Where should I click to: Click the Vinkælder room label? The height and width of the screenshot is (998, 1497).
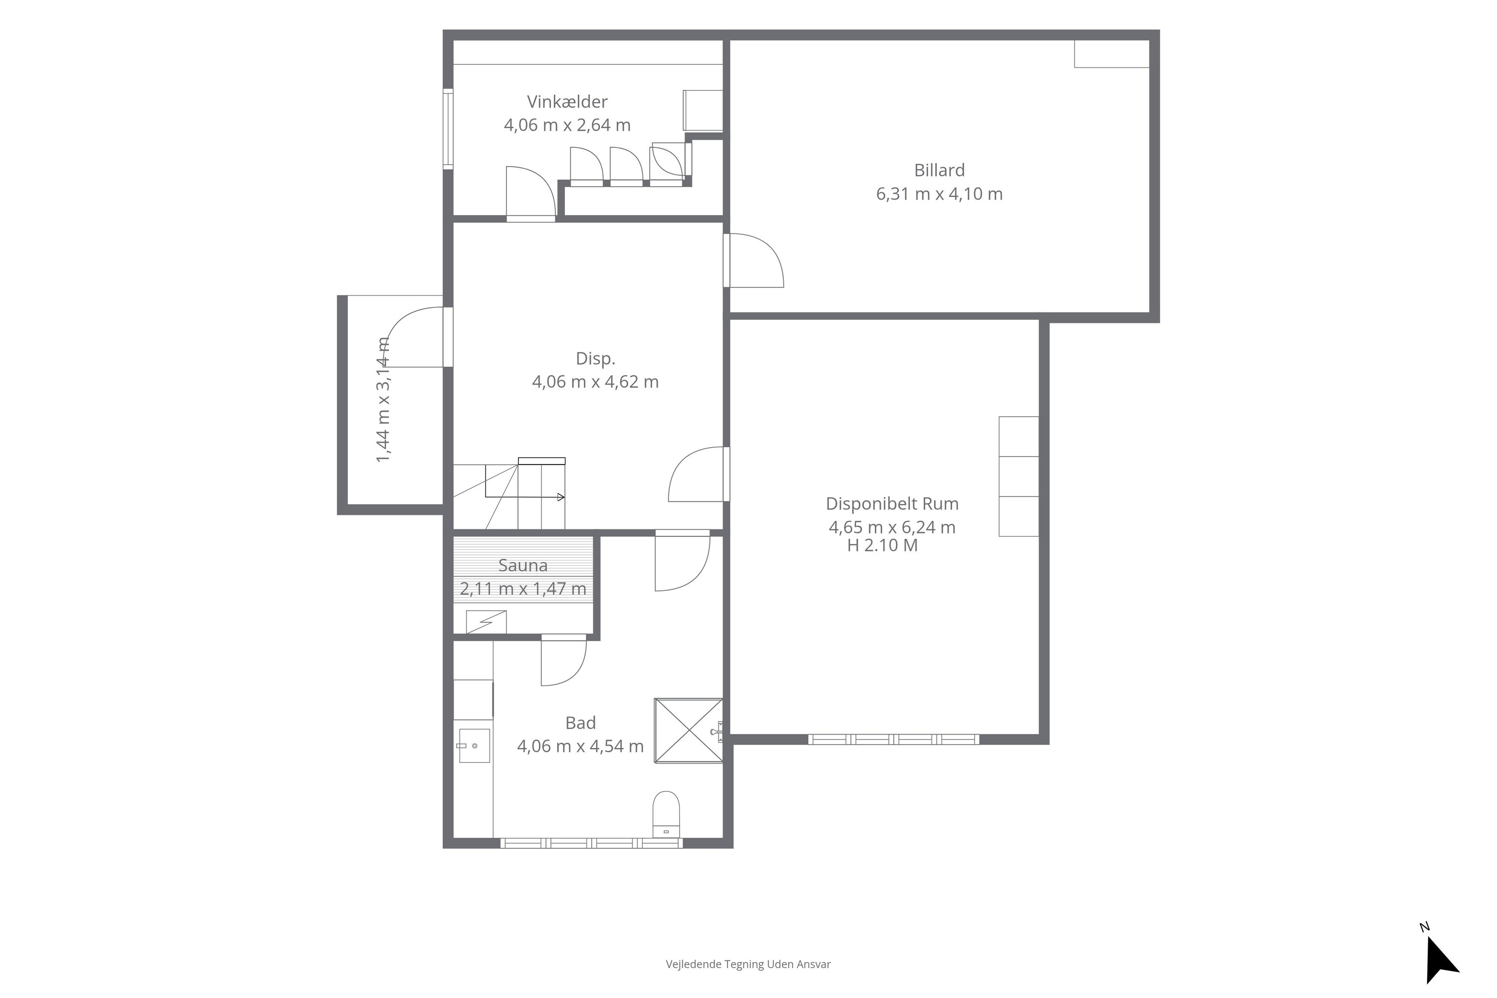566,102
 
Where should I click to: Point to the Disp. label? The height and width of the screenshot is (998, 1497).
595,359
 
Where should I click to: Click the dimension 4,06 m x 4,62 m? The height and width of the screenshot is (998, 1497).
595,382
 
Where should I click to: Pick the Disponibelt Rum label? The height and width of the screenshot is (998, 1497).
892,503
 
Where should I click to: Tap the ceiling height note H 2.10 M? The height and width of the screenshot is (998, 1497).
882,545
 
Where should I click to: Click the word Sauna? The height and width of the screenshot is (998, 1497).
522,565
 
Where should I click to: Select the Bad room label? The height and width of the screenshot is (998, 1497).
580,723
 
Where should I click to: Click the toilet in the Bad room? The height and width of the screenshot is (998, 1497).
666,814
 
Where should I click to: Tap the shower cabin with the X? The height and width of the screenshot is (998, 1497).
688,730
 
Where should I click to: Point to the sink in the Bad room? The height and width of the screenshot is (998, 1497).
474,746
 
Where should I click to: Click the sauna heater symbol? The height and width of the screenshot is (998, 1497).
486,622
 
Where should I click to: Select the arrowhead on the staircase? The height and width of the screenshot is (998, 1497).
561,497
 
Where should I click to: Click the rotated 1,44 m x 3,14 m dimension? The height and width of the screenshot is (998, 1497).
383,400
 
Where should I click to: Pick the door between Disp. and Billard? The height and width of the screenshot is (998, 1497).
753,260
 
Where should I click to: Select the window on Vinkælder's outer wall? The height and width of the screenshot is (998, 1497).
448,129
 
